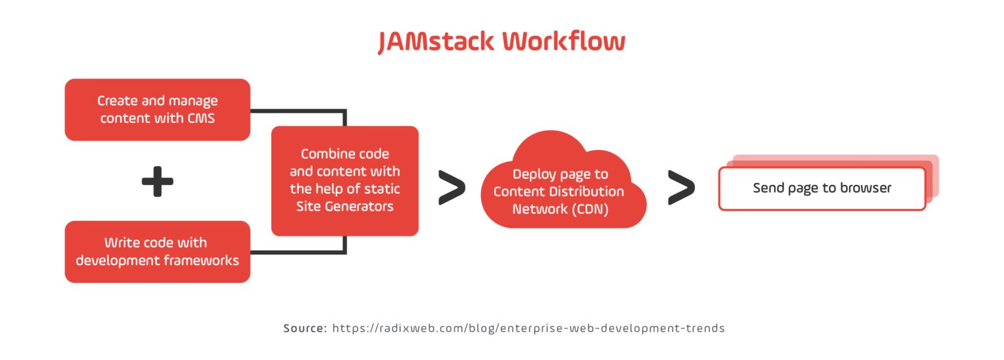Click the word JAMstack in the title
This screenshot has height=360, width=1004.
point(435,42)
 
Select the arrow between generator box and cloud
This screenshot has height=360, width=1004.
point(451,188)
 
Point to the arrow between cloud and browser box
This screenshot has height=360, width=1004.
point(680,188)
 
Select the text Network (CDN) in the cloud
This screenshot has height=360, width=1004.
point(560,209)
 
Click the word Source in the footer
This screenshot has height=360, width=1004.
point(305,328)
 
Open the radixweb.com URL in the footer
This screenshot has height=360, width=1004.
point(528,328)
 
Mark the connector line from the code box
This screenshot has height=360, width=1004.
point(298,252)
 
